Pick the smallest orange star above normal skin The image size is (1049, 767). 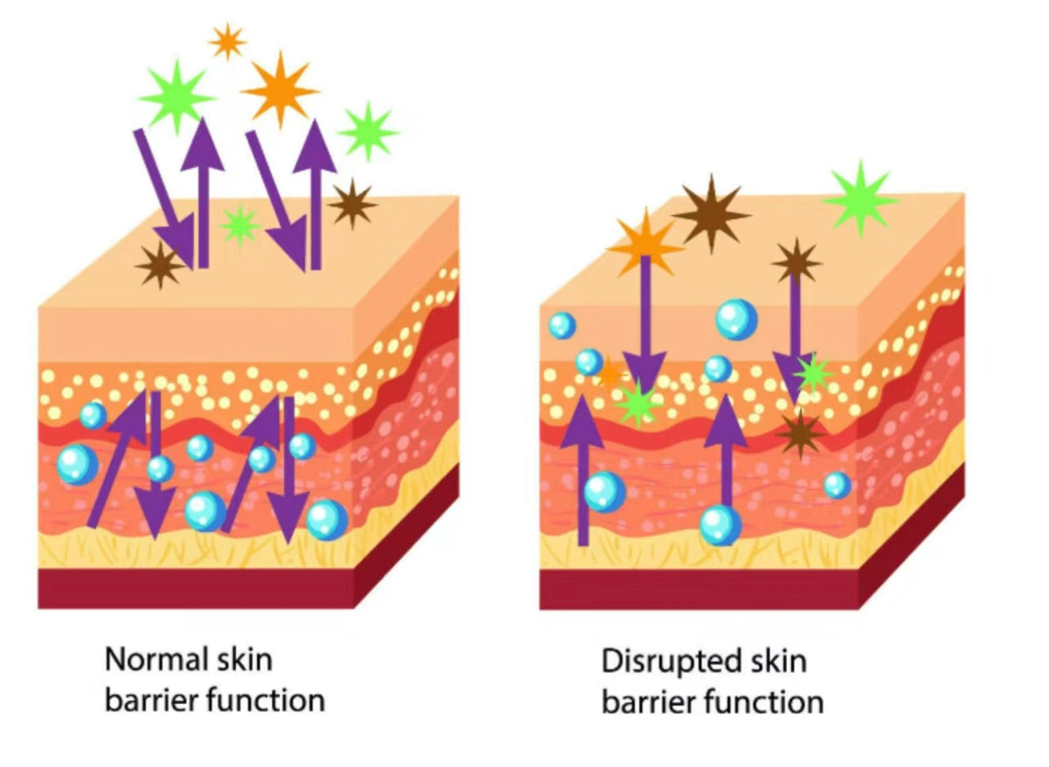[227, 41]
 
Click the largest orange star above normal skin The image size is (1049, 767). [280, 88]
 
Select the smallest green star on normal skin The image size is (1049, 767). [240, 225]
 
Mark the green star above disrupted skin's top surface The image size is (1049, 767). [860, 199]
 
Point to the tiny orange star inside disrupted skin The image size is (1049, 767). [609, 374]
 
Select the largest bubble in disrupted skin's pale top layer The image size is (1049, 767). [736, 319]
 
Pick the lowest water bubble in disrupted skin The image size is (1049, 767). [721, 525]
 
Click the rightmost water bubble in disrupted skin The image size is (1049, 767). [837, 485]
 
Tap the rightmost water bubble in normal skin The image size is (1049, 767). [327, 519]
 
